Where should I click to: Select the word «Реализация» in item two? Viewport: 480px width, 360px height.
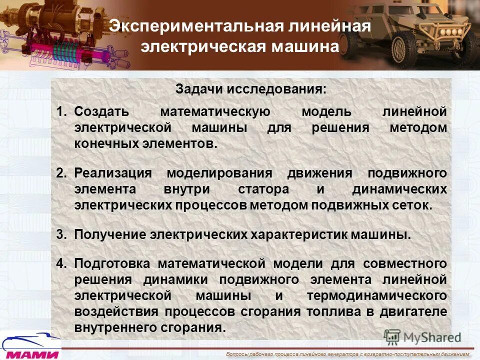pos(112,173)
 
